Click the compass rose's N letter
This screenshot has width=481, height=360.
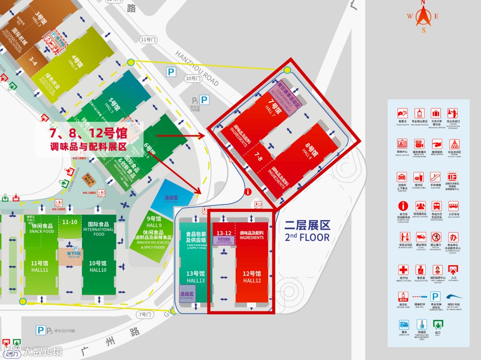pyautogui.click(x=424, y=2)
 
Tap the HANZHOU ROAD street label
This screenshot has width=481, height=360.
pyautogui.click(x=197, y=69)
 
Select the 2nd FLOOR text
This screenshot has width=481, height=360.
pyautogui.click(x=308, y=237)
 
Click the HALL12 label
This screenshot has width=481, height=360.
pyautogui.click(x=252, y=281)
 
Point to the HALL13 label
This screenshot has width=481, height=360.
pyautogui.click(x=196, y=281)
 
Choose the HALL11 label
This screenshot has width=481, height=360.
pyautogui.click(x=40, y=270)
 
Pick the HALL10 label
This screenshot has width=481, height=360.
pyautogui.click(x=98, y=270)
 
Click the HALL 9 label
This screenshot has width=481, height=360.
pyautogui.click(x=154, y=225)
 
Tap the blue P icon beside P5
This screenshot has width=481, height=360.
pyautogui.click(x=204, y=100)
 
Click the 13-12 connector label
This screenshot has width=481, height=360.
pyautogui.click(x=224, y=233)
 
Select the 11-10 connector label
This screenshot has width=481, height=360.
pyautogui.click(x=70, y=222)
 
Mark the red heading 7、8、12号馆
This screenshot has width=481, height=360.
pyautogui.click(x=88, y=133)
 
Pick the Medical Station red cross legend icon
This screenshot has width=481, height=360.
pyautogui.click(x=403, y=270)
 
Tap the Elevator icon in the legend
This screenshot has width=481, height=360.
pyautogui.click(x=435, y=177)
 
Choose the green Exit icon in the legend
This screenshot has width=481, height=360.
pyautogui.click(x=437, y=325)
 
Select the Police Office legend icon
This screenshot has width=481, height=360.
pyautogui.click(x=420, y=270)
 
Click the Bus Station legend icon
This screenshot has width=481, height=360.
pyautogui.click(x=453, y=206)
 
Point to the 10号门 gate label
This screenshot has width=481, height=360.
pyautogui.click(x=193, y=78)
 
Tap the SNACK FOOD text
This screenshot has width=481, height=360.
pyautogui.click(x=41, y=231)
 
